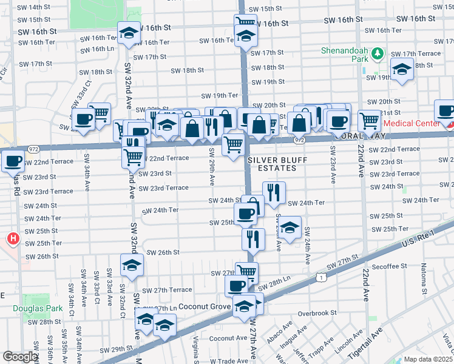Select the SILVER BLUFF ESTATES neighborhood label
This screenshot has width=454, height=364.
pos(272,164)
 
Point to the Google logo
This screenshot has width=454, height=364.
pos(20,357)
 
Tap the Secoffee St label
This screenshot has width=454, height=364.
pos(390,266)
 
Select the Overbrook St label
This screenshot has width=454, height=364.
pos(317,313)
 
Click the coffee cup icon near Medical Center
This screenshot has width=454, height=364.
pos(445,111)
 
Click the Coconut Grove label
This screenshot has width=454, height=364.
pos(205,306)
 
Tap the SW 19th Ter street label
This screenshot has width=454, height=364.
pos(220,95)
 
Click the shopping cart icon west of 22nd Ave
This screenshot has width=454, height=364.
pos(368,121)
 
